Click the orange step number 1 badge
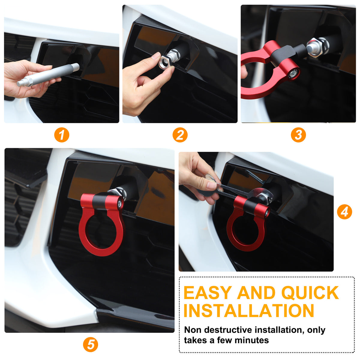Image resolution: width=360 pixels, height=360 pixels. pyautogui.click(x=62, y=135)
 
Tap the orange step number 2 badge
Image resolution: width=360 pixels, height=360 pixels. pyautogui.click(x=180, y=135)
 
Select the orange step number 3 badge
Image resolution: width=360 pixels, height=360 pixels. pyautogui.click(x=298, y=135)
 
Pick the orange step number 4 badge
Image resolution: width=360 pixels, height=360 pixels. pyautogui.click(x=344, y=212)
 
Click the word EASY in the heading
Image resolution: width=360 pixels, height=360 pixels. pyautogui.click(x=208, y=292)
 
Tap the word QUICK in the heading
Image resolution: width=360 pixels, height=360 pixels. pyautogui.click(x=310, y=293)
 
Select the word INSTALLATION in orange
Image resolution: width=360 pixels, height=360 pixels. pyautogui.click(x=249, y=311)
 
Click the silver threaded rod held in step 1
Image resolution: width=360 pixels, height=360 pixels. pyautogui.click(x=48, y=75)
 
